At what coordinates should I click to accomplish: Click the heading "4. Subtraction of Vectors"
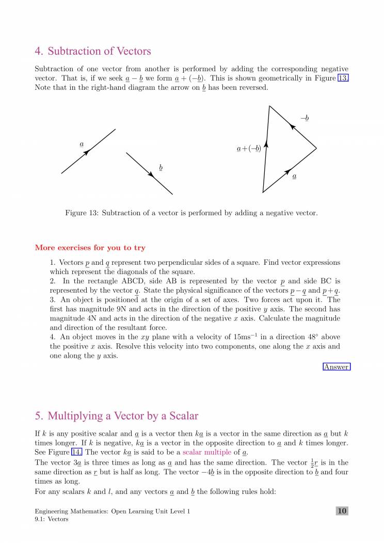[92, 51]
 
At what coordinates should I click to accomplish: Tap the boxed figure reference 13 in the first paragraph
[343, 78]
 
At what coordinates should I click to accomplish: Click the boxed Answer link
[337, 367]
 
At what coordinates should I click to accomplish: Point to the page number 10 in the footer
[342, 511]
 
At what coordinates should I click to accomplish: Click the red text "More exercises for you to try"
[90, 248]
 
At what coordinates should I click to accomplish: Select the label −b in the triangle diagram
[305, 119]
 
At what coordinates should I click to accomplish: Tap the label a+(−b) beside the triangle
[248, 149]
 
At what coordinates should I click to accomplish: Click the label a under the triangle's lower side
[294, 177]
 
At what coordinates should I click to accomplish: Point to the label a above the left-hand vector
[82, 144]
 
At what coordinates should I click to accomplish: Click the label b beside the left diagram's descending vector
[161, 168]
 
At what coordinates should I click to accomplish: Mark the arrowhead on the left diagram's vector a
[87, 151]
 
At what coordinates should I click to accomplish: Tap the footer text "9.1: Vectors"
[52, 519]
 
